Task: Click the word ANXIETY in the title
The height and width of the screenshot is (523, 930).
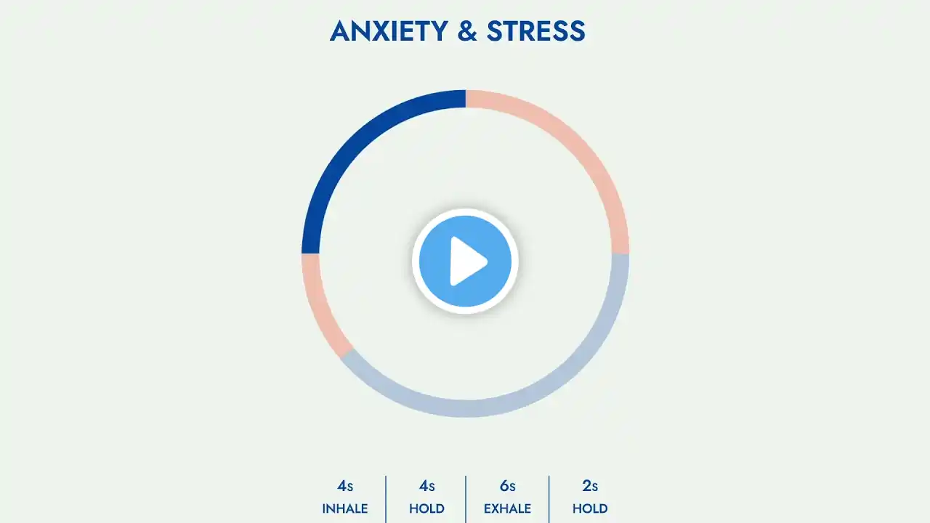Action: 389,31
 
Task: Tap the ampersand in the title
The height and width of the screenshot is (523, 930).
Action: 467,31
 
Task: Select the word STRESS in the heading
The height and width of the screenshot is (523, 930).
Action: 536,31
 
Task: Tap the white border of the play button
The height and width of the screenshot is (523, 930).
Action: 416,261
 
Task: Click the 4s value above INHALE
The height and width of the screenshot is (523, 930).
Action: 345,486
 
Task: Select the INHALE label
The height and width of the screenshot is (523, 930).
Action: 345,508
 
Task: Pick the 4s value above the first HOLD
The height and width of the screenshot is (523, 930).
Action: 426,486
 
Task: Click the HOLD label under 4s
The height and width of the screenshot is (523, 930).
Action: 426,508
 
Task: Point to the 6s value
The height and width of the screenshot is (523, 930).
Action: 507,486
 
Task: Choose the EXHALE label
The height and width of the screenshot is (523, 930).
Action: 507,508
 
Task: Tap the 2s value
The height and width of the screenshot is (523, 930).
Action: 590,486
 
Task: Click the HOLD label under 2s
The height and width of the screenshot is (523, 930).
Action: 590,508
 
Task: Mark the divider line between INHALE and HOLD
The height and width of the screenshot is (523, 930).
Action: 386,499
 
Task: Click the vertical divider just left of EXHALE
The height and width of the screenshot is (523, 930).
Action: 466,499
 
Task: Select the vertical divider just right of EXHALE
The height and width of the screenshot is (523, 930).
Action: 549,499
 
